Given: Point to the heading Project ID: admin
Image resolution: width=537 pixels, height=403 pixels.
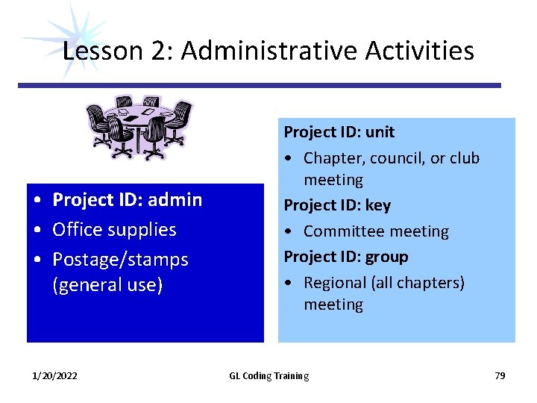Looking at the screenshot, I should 127,199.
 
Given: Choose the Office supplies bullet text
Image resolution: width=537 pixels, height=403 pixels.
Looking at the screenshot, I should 114,229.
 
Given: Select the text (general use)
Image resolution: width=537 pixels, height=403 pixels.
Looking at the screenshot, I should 107,285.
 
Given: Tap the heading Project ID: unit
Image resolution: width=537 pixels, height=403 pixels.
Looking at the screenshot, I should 339,132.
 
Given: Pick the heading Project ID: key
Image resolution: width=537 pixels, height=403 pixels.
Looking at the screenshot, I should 336,204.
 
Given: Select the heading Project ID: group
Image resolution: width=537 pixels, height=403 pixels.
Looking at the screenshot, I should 345,257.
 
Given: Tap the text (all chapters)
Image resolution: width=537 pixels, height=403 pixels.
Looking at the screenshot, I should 418,283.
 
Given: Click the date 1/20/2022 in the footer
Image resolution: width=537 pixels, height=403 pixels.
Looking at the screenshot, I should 54,375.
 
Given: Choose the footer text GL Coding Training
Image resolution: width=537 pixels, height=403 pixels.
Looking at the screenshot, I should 268,375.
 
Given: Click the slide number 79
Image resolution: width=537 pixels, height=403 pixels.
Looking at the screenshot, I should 500,375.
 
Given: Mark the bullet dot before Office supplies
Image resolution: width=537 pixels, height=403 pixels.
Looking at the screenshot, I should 37,230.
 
